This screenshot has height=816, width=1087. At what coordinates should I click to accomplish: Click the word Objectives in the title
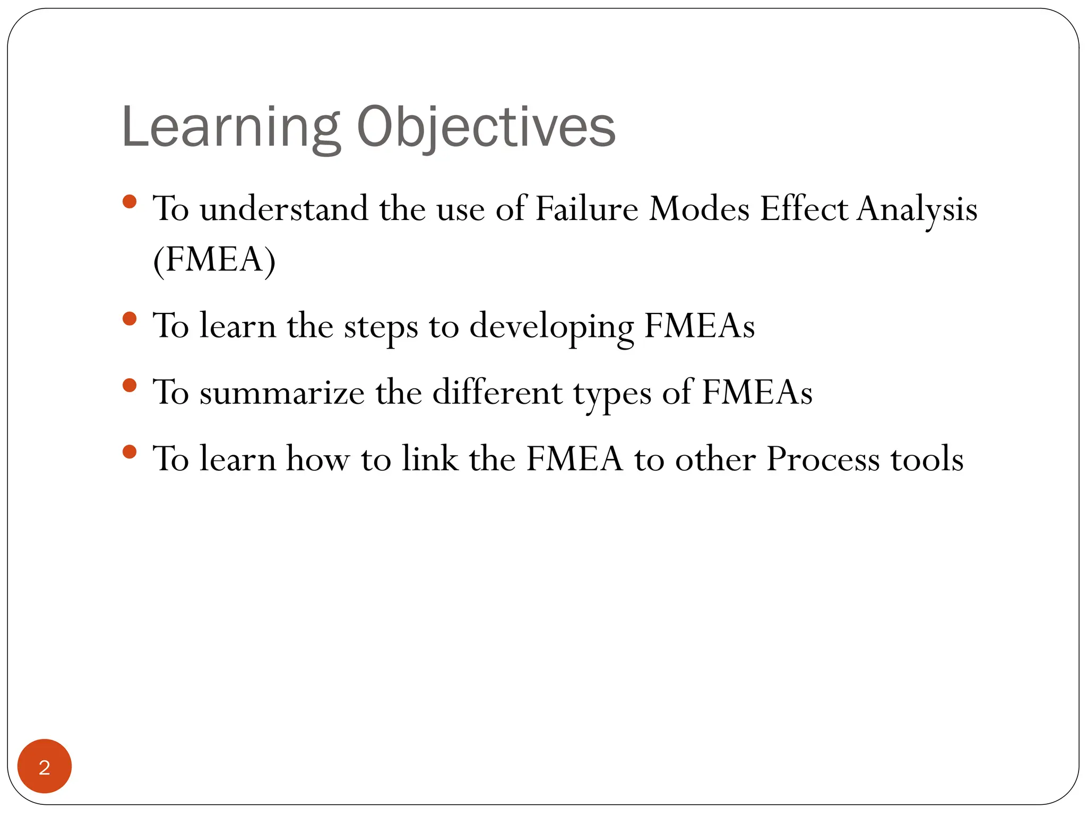pyautogui.click(x=486, y=127)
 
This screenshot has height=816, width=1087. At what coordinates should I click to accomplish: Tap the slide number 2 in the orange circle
pyautogui.click(x=45, y=767)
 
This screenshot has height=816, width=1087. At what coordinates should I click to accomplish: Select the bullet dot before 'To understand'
pyautogui.click(x=130, y=201)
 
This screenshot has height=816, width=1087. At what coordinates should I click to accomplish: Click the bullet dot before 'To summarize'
pyautogui.click(x=130, y=385)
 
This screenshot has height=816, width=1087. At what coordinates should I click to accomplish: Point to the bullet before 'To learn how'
pyautogui.click(x=130, y=452)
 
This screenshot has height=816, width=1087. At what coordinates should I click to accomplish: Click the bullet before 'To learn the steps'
pyautogui.click(x=130, y=319)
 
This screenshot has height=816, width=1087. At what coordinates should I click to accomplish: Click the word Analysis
pyautogui.click(x=917, y=209)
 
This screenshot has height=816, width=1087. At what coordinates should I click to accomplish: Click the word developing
pyautogui.click(x=551, y=326)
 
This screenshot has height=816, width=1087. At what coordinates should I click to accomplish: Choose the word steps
pyautogui.click(x=381, y=326)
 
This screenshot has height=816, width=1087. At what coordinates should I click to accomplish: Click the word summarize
pyautogui.click(x=282, y=393)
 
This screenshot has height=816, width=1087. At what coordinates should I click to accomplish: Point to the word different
pyautogui.click(x=497, y=393)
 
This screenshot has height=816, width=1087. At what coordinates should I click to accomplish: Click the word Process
pyautogui.click(x=823, y=459)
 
